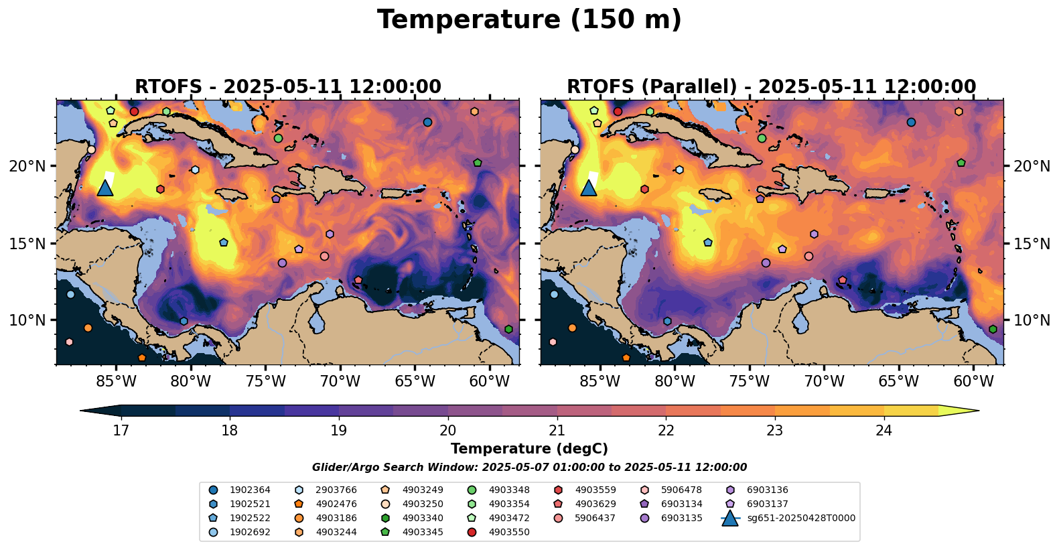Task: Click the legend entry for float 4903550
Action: [508, 532]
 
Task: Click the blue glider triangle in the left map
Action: [105, 188]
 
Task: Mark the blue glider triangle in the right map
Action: [589, 188]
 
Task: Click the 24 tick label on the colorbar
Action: [884, 430]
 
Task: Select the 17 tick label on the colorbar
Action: [121, 430]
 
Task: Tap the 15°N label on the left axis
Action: [27, 243]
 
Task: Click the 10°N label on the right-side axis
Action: [1032, 320]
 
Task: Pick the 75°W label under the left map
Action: [266, 382]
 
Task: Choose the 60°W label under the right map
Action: [973, 382]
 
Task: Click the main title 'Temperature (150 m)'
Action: [529, 20]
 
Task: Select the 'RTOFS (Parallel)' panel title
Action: [771, 86]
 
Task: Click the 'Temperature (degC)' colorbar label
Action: [529, 449]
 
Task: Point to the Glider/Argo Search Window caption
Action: [529, 468]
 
